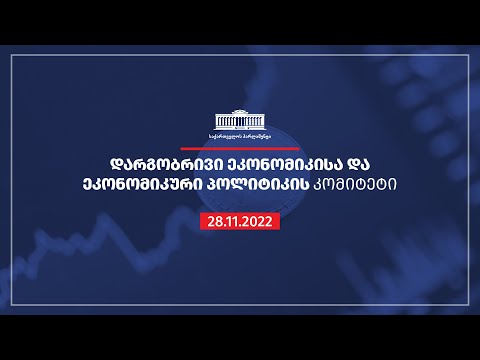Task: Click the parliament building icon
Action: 240,118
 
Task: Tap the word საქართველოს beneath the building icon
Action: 225,134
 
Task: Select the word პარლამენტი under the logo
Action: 255,134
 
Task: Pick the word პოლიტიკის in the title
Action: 266,188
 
